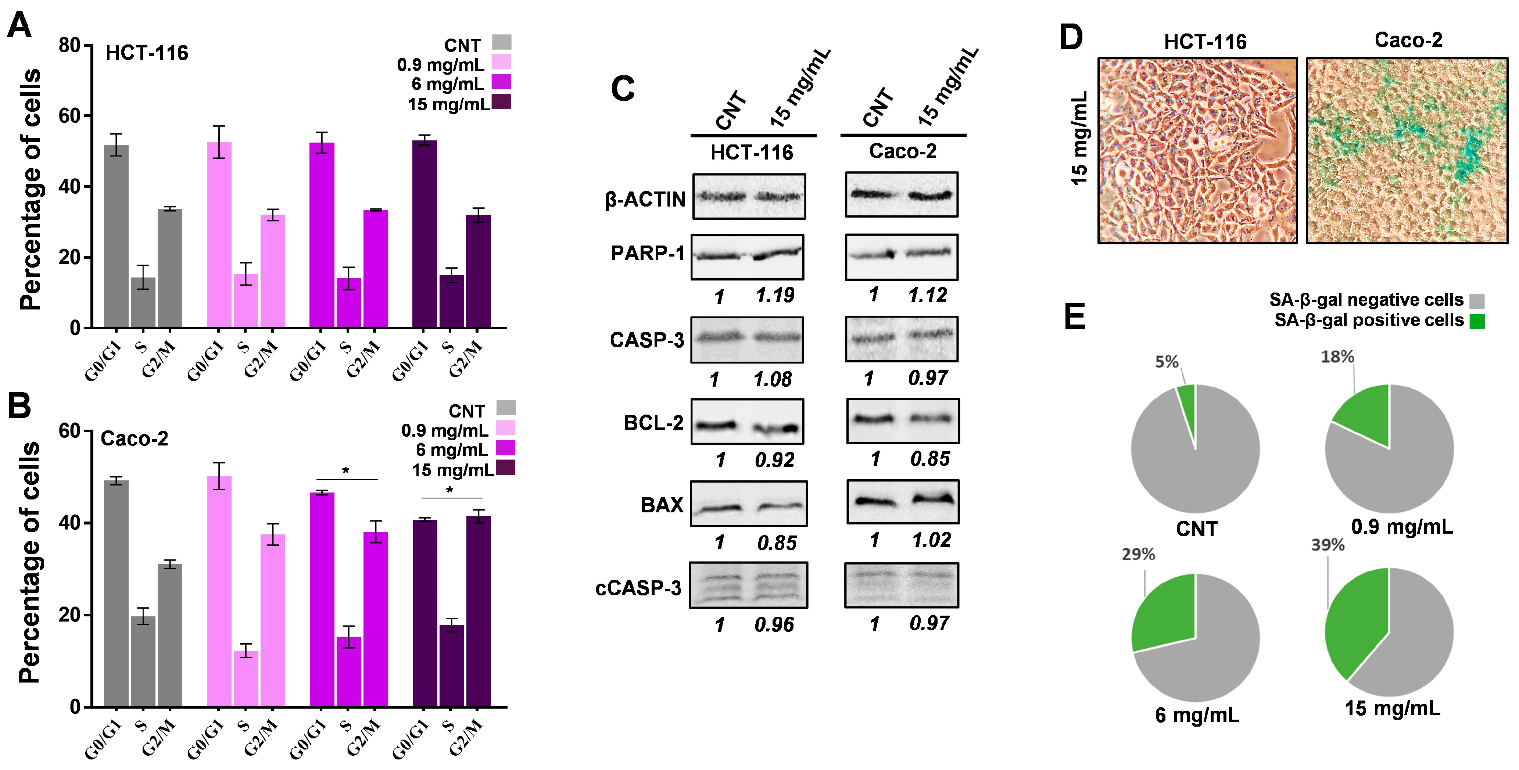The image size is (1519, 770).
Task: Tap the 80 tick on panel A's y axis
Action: (x=69, y=46)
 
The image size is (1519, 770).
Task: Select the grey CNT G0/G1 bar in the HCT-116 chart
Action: (x=116, y=236)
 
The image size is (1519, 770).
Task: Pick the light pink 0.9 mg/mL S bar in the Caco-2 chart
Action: (x=246, y=678)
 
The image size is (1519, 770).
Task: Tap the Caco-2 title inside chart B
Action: (x=135, y=438)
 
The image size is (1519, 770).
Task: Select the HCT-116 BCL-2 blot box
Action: (x=747, y=421)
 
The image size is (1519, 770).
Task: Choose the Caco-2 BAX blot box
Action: (x=902, y=502)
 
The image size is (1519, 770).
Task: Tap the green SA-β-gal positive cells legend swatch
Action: (x=1476, y=321)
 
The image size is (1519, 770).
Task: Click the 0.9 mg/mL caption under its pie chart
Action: (x=1402, y=526)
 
